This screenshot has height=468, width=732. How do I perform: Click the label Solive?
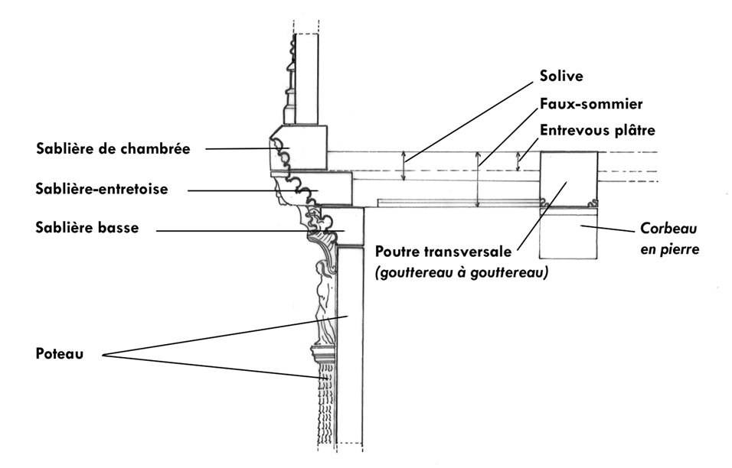[x=561, y=76]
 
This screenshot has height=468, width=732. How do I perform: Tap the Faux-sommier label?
[x=589, y=103]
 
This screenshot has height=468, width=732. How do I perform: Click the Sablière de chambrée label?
[x=113, y=148]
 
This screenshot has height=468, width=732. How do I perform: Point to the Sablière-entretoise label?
[x=101, y=188]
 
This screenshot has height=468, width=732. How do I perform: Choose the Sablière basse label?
[x=87, y=229]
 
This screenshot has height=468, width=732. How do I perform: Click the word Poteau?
[x=59, y=354]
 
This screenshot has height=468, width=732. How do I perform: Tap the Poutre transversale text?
[x=445, y=252]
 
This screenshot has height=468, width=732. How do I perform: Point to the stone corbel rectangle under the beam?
[x=569, y=233]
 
